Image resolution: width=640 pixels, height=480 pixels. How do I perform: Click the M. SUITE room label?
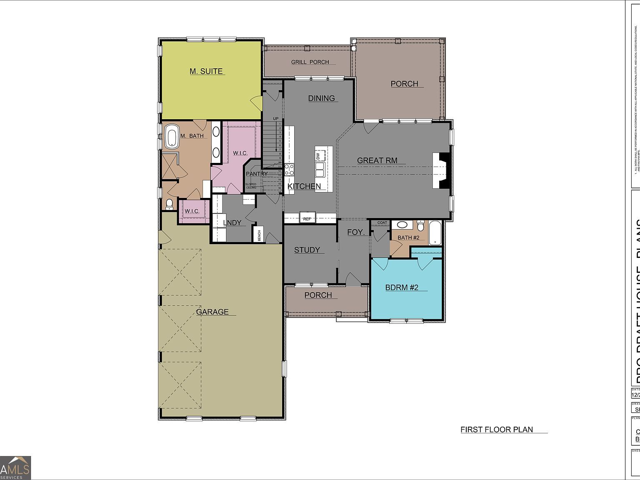click(206, 71)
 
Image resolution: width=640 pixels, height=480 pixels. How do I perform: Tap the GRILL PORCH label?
click(310, 62)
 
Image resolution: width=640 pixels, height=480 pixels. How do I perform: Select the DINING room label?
click(321, 98)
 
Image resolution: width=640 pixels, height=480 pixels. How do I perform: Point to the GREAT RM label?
click(377, 160)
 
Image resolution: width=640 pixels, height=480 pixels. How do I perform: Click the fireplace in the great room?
click(442, 170)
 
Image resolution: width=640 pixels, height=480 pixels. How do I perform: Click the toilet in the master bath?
click(169, 204)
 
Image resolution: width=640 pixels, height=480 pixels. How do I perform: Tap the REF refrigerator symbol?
click(307, 218)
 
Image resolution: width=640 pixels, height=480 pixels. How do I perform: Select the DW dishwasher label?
click(318, 156)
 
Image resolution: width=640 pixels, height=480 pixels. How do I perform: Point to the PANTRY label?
click(256, 174)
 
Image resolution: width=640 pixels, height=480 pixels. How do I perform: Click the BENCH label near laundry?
click(259, 235)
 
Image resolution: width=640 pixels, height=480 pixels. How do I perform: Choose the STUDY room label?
click(307, 250)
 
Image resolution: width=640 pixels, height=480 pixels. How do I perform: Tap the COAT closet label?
click(382, 222)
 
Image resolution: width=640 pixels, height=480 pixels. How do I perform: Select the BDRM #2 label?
click(401, 287)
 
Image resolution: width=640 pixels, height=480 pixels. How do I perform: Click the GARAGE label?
click(212, 312)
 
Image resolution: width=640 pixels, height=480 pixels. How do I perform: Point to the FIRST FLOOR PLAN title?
click(497, 430)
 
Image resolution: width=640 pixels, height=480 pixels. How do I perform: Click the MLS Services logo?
click(15, 467)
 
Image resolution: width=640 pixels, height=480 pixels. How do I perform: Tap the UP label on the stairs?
click(275, 119)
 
